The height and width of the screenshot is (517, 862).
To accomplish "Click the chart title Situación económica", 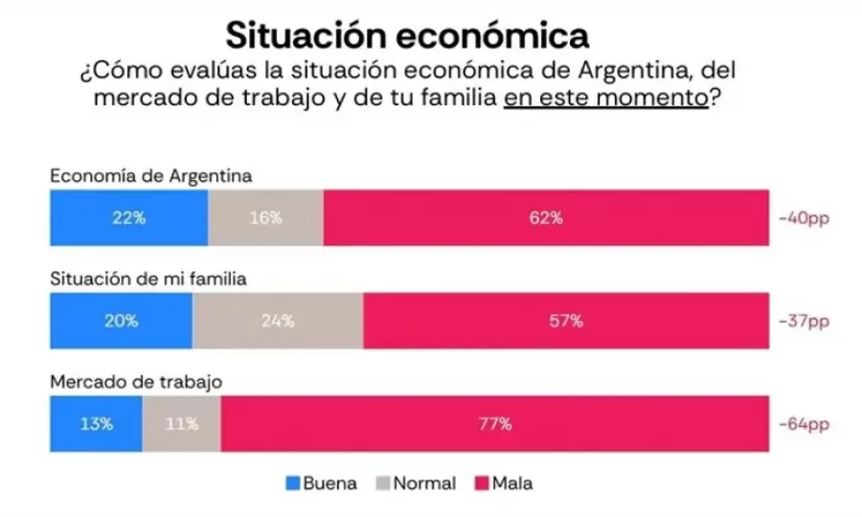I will pos(407,35).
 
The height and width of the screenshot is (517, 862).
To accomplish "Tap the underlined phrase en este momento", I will pos(605,99).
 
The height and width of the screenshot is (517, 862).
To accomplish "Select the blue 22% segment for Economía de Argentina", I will pos(128,217).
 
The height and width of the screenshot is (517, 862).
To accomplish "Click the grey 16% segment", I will pos(265,217).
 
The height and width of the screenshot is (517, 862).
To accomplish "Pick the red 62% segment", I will pos(545,217).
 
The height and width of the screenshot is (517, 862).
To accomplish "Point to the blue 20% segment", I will pos(121,321).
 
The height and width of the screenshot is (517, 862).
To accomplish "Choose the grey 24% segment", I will pos(278,321).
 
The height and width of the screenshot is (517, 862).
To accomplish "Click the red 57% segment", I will pos(565,321).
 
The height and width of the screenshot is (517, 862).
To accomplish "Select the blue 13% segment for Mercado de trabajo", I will pos(96,423).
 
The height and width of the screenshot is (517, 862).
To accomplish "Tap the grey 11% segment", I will pos(181,423).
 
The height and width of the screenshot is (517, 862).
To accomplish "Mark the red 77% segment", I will pos(494,423).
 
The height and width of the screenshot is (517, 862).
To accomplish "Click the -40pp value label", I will pos(803,218).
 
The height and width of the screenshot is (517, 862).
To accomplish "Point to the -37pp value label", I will pos(803,321).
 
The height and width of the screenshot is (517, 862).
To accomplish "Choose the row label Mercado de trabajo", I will pos(136,381).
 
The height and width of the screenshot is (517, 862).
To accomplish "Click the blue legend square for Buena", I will pos(293,483).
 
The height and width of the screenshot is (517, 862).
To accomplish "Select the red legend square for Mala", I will pos(482,483).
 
